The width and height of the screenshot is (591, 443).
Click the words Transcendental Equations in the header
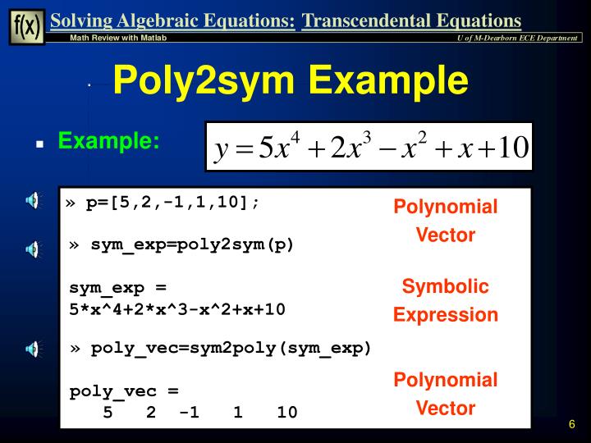411,21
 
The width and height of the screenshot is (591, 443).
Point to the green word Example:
108,141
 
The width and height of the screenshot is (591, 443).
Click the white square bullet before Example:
39,143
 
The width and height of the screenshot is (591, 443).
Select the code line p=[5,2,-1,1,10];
172,202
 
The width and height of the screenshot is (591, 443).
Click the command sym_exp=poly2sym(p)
192,244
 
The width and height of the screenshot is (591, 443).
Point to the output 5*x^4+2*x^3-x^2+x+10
177,309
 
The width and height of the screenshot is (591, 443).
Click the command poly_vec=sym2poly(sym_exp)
231,348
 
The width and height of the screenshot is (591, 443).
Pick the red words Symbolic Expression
445,300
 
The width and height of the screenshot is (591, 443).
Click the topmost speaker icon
31,199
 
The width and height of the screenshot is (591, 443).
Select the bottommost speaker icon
31,349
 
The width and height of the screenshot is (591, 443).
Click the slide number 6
571,424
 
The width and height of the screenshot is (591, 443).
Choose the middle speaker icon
31,249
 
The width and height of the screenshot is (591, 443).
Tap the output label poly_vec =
124,391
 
